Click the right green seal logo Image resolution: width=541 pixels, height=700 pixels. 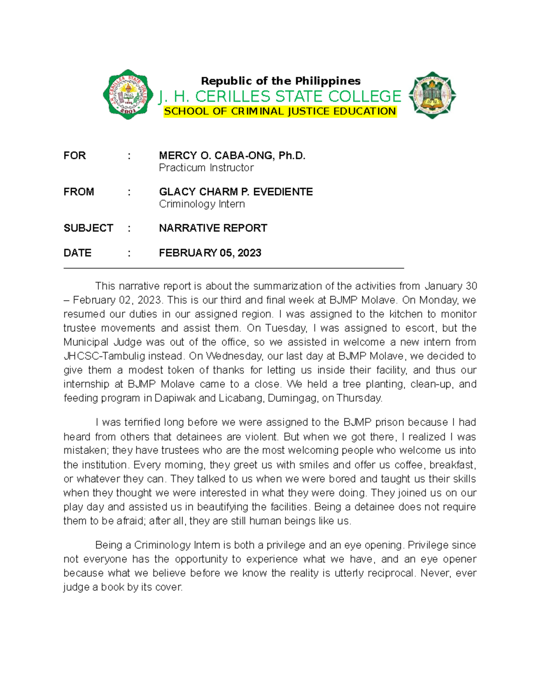click(x=432, y=95)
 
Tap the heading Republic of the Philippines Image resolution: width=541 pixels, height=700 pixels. click(x=280, y=81)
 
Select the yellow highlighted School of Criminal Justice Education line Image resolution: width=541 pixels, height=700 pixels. click(x=280, y=111)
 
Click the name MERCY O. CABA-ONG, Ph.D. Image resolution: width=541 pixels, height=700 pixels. click(x=232, y=156)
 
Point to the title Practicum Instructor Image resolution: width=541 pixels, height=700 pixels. click(x=206, y=168)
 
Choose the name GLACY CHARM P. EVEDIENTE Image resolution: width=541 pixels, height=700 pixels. click(x=236, y=192)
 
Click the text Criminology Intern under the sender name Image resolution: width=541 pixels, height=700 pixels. click(x=202, y=204)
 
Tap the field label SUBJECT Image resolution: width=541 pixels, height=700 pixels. click(x=88, y=228)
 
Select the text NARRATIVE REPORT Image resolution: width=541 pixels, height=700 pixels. click(x=213, y=228)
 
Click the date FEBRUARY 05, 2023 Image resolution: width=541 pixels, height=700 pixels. click(x=210, y=253)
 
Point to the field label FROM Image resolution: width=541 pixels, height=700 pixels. click(x=79, y=192)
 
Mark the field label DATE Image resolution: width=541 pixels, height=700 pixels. click(x=78, y=253)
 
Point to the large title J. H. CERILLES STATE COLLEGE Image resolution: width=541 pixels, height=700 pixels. click(x=280, y=96)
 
